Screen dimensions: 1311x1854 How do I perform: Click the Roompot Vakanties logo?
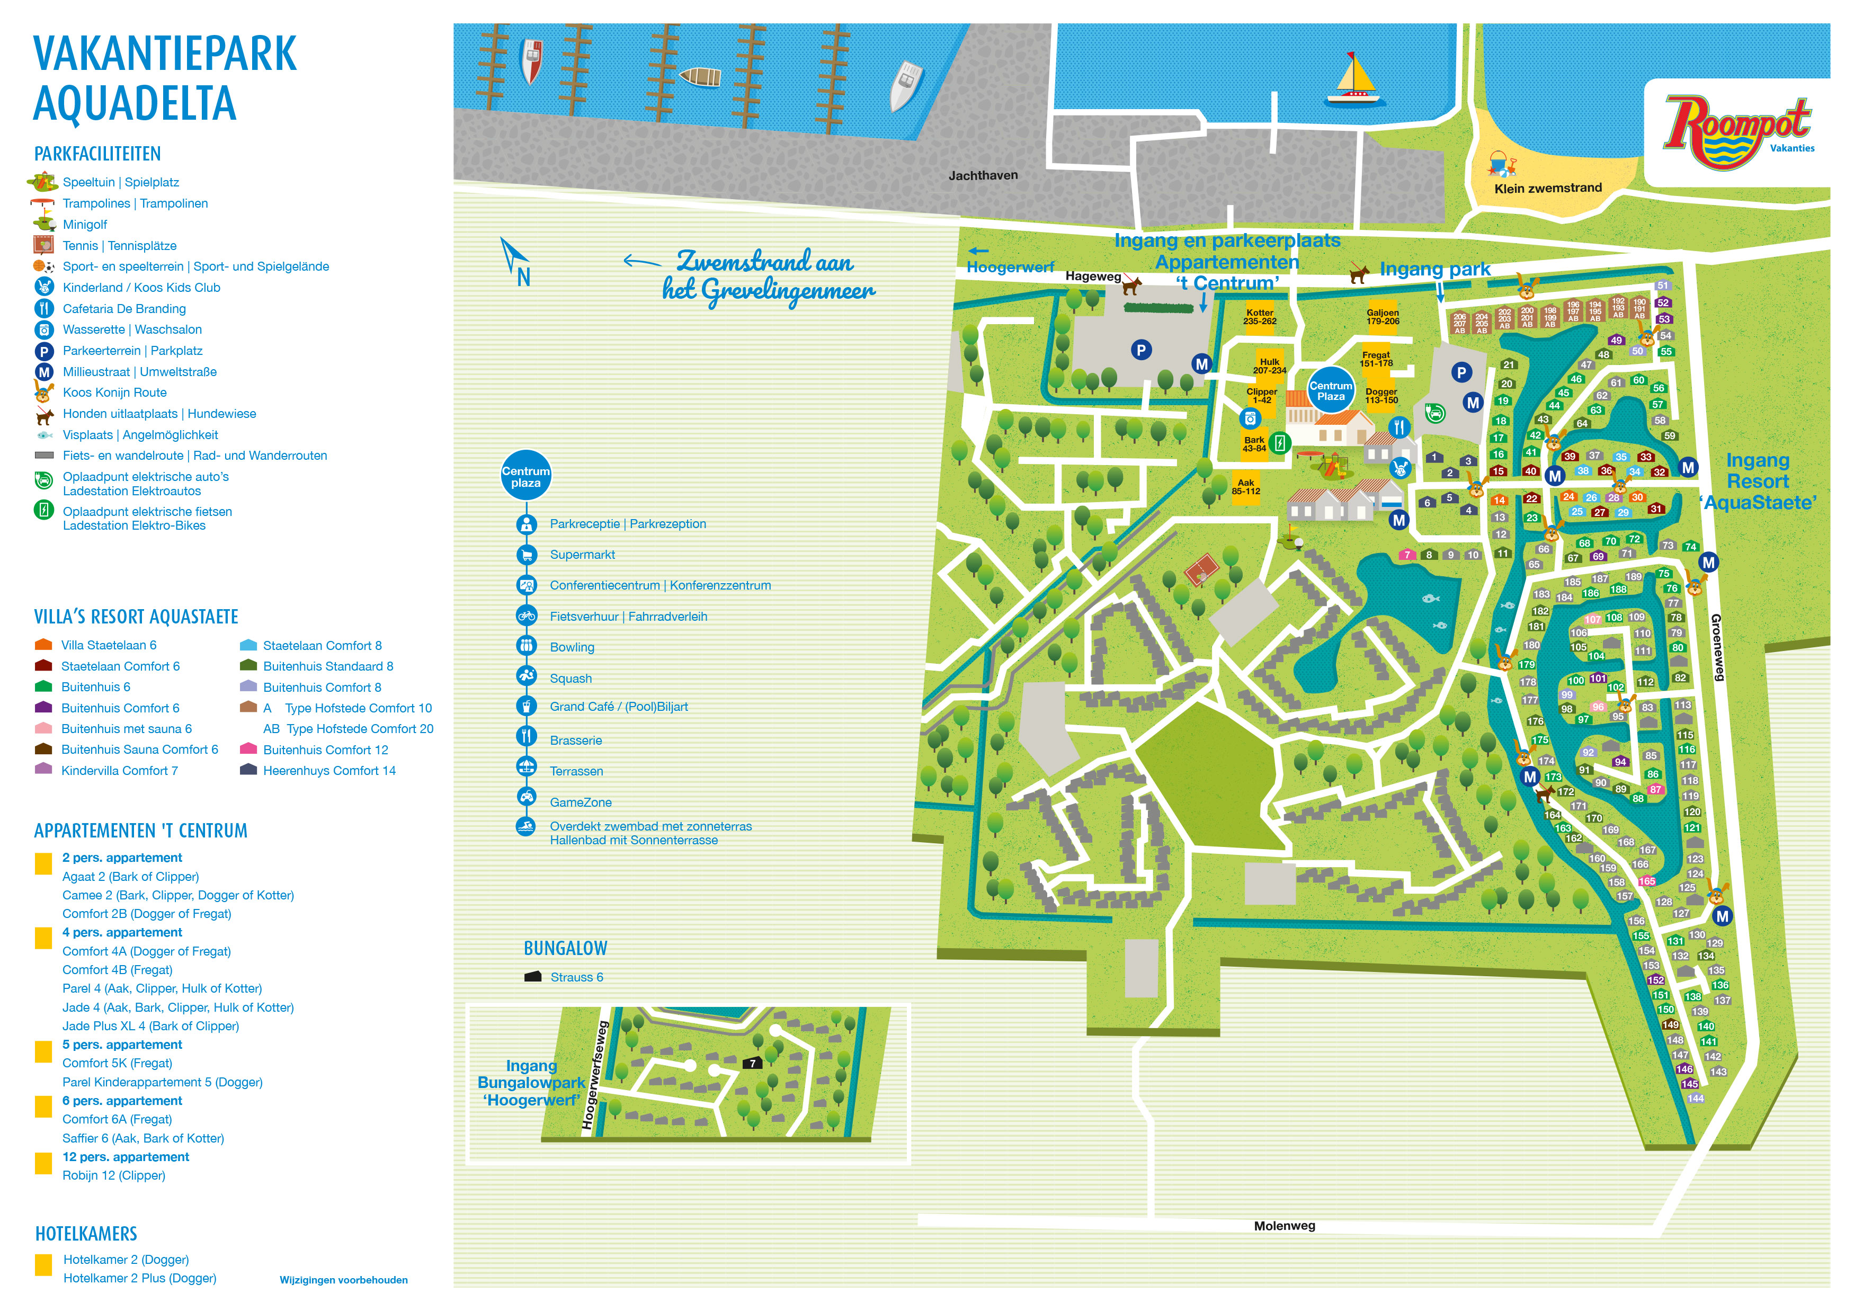click(1736, 131)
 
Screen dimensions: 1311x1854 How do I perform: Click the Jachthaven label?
click(983, 175)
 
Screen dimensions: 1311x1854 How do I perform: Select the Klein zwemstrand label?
click(1547, 188)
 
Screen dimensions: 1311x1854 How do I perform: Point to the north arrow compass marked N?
click(517, 262)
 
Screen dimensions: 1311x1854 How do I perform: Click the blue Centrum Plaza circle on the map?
click(1330, 391)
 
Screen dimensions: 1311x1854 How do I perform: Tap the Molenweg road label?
click(1284, 1225)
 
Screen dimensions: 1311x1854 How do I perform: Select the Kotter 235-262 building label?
click(1259, 316)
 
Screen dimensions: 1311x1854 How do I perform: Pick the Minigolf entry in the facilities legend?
click(85, 225)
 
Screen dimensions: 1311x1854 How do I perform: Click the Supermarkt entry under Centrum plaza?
click(582, 555)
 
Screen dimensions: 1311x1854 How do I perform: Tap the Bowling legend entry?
click(572, 647)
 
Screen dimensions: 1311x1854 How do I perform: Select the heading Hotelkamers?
click(86, 1234)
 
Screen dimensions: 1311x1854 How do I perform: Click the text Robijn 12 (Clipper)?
click(114, 1175)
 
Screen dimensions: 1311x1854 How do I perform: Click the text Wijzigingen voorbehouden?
click(343, 1280)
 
